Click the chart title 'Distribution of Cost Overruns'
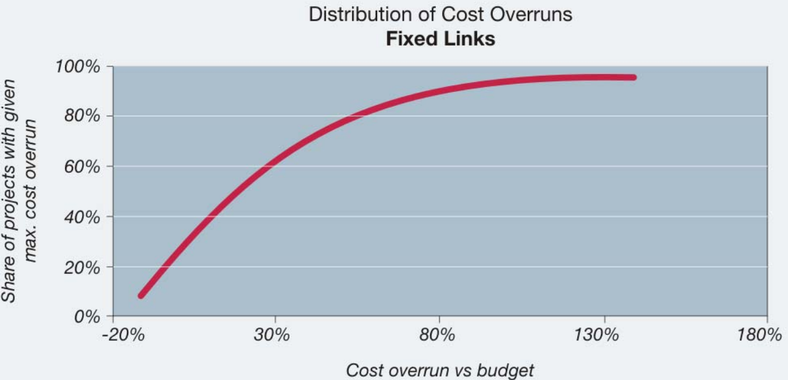(441, 14)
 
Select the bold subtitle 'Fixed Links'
(441, 39)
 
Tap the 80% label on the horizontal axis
(439, 334)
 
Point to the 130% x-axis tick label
(603, 334)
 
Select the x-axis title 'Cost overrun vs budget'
(440, 370)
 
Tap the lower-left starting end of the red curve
(141, 295)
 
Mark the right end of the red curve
(633, 78)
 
